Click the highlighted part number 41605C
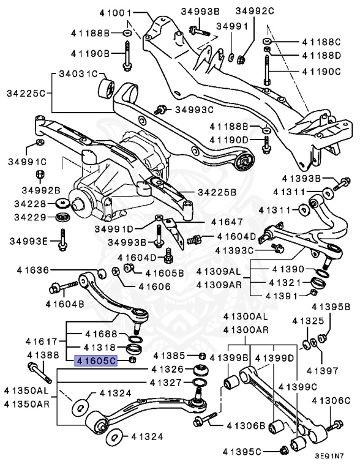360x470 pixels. pos(95,361)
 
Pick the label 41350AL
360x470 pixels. pos(26,390)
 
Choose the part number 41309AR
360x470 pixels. pos(218,285)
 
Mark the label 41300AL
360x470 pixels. pos(246,316)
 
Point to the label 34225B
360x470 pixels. pos(216,192)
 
